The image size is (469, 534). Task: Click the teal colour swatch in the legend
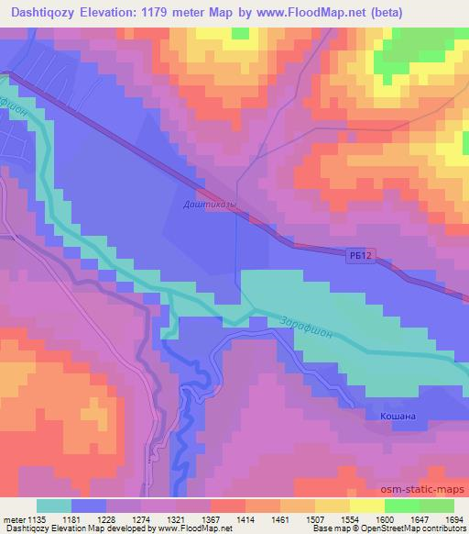[54, 506]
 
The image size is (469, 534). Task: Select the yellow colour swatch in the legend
[366, 506]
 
